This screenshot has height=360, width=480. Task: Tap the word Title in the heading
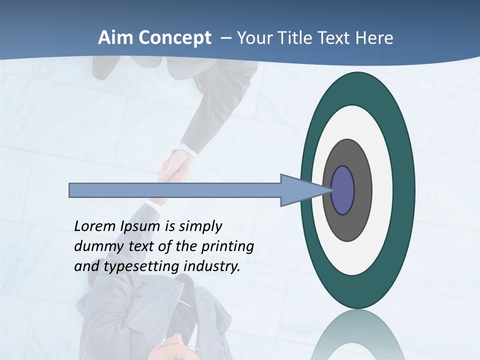pyautogui.click(x=310, y=38)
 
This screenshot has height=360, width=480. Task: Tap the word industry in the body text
pyautogui.click(x=212, y=266)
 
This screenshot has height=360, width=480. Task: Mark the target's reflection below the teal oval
pyautogui.click(x=357, y=335)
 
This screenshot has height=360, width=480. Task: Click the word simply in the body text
pyautogui.click(x=200, y=226)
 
